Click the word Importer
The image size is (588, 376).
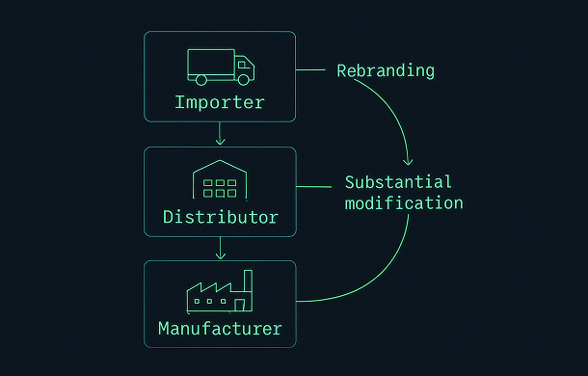(220, 102)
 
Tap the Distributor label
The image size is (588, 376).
(220, 217)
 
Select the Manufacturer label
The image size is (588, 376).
(220, 329)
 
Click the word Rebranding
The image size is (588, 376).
(386, 70)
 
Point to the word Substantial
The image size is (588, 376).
(398, 182)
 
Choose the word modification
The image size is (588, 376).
(404, 203)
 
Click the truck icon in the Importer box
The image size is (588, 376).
(220, 66)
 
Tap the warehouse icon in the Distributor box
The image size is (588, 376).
(220, 180)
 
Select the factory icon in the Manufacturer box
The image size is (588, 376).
(220, 292)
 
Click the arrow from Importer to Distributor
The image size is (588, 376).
(220, 134)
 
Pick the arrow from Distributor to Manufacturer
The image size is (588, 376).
(220, 248)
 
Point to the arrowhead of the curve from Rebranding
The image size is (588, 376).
(409, 160)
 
